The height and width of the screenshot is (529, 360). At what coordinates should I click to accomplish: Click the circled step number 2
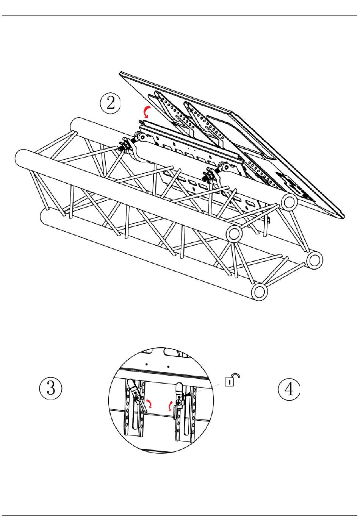coord(110,103)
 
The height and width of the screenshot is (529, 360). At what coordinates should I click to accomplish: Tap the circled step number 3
coord(51,389)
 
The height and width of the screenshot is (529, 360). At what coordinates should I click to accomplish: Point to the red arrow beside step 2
coord(145,112)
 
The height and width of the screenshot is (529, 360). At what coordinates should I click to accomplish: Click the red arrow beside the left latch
coord(150,404)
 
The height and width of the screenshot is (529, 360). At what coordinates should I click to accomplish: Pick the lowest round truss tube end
coord(259,292)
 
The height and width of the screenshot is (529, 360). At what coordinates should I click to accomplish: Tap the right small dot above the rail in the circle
coord(169,367)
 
